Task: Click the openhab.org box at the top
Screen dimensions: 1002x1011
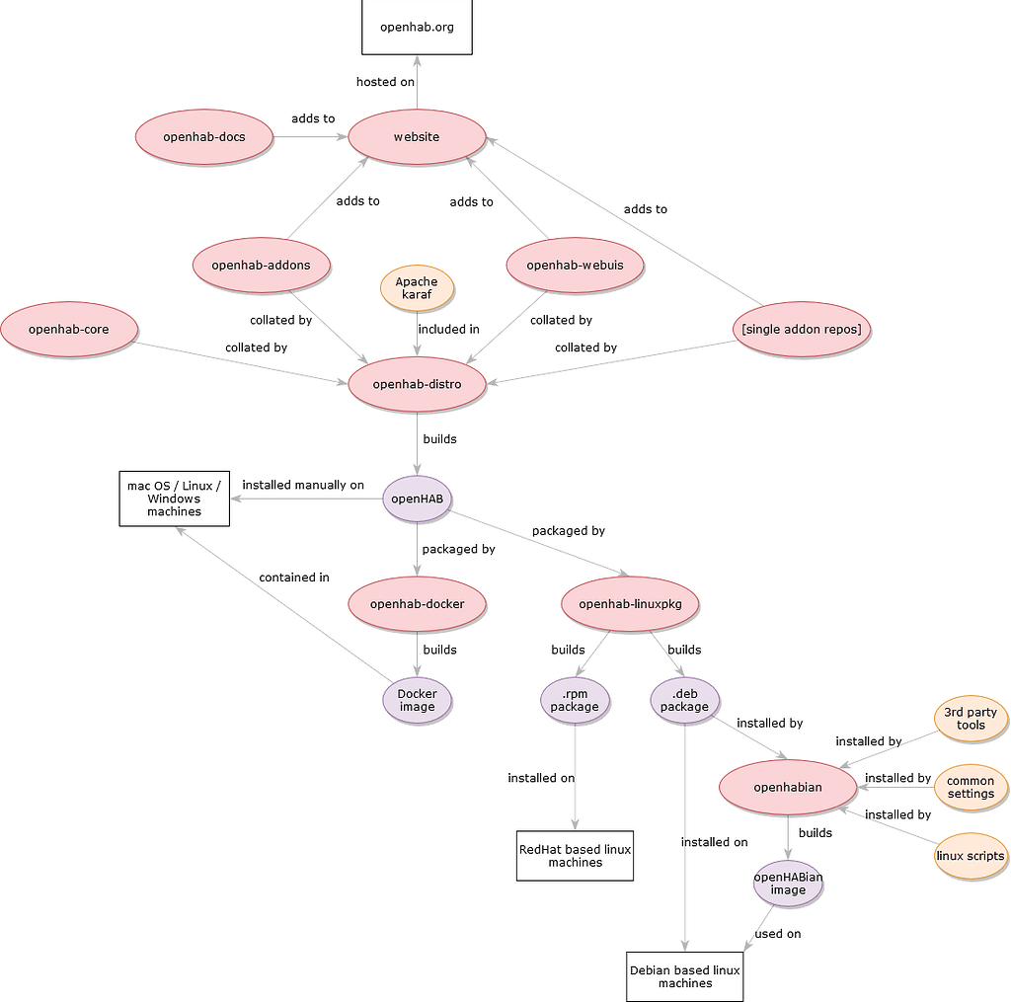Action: (417, 27)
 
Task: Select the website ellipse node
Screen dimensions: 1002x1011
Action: (417, 136)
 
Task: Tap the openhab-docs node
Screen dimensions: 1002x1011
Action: (204, 136)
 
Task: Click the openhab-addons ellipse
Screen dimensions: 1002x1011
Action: (261, 265)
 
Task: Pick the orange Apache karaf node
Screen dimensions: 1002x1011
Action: (417, 288)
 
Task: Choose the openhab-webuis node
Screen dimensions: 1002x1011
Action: (575, 265)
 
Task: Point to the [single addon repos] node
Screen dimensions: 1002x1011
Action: (802, 329)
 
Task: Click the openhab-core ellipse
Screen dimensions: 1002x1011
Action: (68, 329)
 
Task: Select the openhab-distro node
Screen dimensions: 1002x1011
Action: (417, 383)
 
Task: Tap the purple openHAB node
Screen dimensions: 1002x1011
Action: (417, 499)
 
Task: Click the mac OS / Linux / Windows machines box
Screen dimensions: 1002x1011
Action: (174, 499)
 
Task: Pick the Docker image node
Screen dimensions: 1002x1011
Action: (417, 700)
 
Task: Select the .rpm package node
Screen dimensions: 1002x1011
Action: (575, 700)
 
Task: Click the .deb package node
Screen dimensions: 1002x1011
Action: (684, 700)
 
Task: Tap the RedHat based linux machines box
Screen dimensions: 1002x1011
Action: (575, 855)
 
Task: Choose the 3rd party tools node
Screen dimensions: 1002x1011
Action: (971, 719)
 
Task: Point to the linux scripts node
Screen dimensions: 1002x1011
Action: (971, 856)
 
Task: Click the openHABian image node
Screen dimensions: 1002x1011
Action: (788, 883)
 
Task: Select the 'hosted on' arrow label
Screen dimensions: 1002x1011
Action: (385, 82)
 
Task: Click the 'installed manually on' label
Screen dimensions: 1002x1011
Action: (303, 485)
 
